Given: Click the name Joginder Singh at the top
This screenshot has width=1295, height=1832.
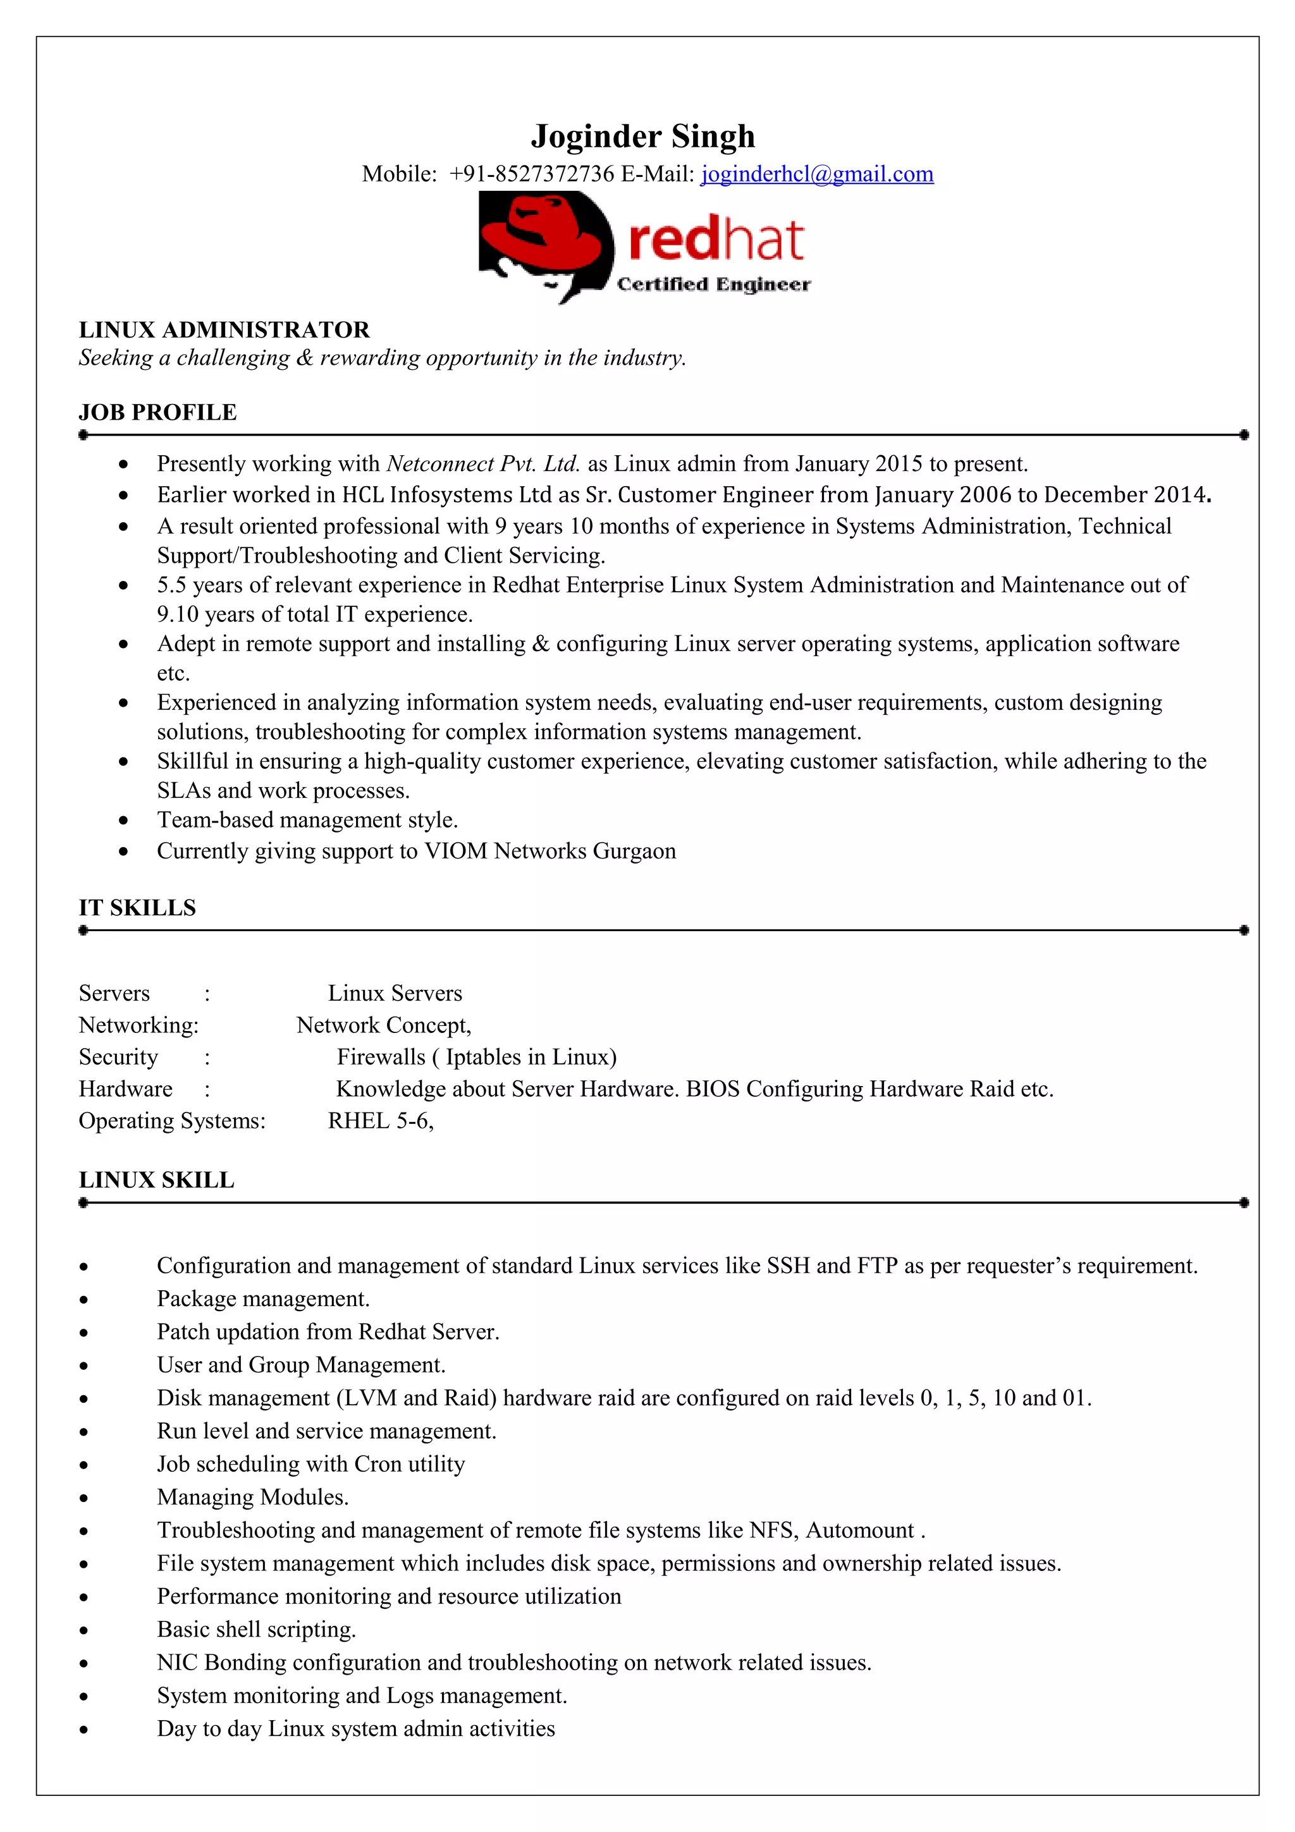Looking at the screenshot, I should pos(642,137).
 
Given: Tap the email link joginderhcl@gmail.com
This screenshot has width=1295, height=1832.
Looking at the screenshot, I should pos(816,174).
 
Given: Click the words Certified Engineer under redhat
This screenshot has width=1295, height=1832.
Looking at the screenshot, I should pos(713,285).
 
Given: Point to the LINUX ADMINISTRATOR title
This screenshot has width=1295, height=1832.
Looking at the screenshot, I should pos(224,329).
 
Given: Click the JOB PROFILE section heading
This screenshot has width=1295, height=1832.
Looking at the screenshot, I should pos(157,413).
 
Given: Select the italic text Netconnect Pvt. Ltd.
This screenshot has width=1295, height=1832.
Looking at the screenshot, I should pos(482,463).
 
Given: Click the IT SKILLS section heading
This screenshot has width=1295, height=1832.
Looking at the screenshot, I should pos(137,908).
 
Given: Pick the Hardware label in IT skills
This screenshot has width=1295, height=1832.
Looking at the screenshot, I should pos(125,1089).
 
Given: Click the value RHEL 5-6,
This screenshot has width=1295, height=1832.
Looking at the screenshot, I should pos(381,1121).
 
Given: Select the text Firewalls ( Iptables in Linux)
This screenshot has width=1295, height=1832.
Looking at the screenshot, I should pos(476,1057).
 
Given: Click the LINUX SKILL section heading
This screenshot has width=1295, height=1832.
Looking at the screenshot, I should pos(156,1180).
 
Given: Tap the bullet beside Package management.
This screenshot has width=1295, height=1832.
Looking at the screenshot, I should pos(83,1300).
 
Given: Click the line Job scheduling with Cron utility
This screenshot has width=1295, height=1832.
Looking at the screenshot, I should pos(310,1464).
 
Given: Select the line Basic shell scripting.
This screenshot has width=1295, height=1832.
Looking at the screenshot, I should pos(256,1629).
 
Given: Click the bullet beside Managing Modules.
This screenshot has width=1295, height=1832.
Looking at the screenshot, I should pos(83,1498).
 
